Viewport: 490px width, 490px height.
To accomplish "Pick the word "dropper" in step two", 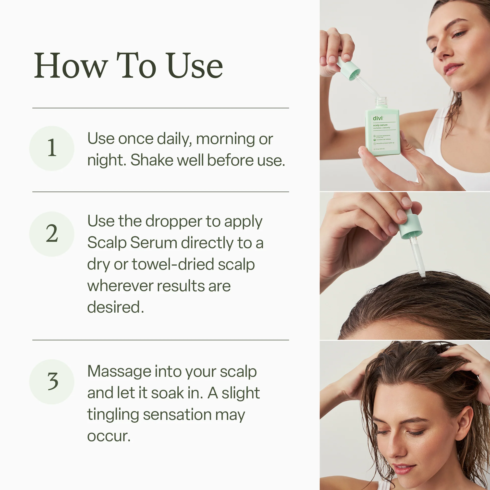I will (x=173, y=222).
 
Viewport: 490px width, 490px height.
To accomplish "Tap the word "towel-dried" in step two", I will (x=173, y=265).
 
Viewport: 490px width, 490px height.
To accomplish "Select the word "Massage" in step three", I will (x=119, y=371).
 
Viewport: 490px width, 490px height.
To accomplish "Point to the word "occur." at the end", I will (x=109, y=436).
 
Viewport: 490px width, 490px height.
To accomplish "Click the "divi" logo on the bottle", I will (x=378, y=118).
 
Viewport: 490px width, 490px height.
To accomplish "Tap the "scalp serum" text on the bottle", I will (x=380, y=125).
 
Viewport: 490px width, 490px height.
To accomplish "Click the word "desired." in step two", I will (x=115, y=307).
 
